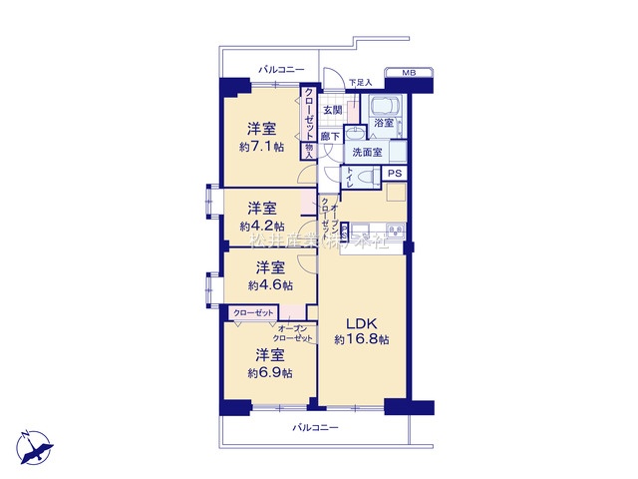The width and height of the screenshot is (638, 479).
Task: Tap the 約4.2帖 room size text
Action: (x=261, y=227)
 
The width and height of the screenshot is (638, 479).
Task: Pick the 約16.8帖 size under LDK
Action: (x=362, y=340)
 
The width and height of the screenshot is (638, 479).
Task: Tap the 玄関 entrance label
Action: (x=332, y=110)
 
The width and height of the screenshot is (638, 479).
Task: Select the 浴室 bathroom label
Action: (x=384, y=123)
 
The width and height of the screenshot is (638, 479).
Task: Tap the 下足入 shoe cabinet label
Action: (x=360, y=82)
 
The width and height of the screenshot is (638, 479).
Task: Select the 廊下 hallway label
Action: (x=331, y=137)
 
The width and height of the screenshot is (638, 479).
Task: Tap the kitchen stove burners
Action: (x=394, y=233)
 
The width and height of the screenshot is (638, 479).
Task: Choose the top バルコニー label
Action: (x=281, y=70)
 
